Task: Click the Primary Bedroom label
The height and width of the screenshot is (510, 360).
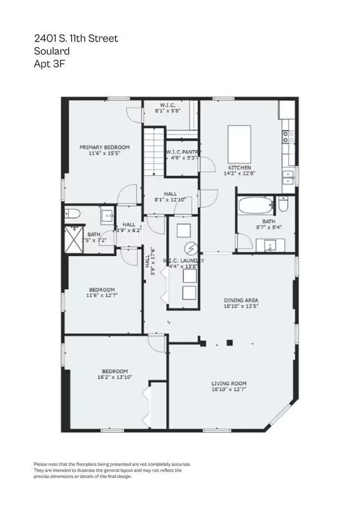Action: click(x=104, y=147)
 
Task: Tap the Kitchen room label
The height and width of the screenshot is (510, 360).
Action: click(x=240, y=167)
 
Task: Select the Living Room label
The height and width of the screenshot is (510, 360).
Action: click(x=229, y=384)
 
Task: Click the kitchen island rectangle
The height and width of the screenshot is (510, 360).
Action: click(x=239, y=143)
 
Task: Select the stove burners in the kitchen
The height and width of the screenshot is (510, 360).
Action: click(x=288, y=137)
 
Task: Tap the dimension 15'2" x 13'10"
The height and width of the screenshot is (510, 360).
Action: click(x=115, y=378)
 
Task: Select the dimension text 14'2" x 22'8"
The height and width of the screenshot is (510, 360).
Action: click(x=240, y=174)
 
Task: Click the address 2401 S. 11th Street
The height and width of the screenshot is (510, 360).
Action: click(x=75, y=38)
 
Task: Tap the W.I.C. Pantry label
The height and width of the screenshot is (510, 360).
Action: click(x=183, y=152)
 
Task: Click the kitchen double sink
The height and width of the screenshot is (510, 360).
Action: click(x=288, y=177)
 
